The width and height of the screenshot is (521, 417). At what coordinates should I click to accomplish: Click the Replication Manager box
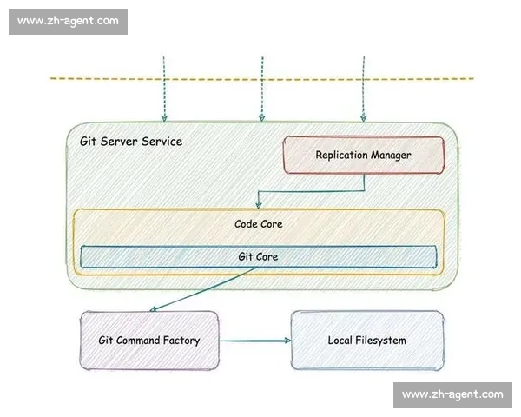364,155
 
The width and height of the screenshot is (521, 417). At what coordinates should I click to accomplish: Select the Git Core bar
259,257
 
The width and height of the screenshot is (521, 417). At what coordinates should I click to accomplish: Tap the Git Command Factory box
149,341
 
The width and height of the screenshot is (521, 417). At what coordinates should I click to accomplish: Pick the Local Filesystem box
367,341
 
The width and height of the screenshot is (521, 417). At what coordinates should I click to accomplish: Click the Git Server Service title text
131,142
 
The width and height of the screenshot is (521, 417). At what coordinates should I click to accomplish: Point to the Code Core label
259,224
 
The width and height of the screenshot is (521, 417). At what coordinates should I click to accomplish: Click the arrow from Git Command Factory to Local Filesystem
255,341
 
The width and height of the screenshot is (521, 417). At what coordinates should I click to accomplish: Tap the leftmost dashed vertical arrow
164,89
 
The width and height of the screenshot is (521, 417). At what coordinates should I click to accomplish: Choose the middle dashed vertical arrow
262,89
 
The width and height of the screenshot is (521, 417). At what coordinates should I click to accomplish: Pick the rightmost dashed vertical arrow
364,89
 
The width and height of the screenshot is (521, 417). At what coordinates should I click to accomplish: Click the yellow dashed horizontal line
262,79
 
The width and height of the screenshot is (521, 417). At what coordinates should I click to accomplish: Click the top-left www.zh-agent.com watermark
68,21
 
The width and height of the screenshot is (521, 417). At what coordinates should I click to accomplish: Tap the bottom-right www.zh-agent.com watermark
452,394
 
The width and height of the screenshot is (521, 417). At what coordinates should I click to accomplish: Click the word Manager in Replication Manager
391,156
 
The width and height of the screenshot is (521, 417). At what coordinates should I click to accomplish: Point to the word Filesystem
381,341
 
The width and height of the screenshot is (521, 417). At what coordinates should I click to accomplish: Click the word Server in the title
119,142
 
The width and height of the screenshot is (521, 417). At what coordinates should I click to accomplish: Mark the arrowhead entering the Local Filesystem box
287,341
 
